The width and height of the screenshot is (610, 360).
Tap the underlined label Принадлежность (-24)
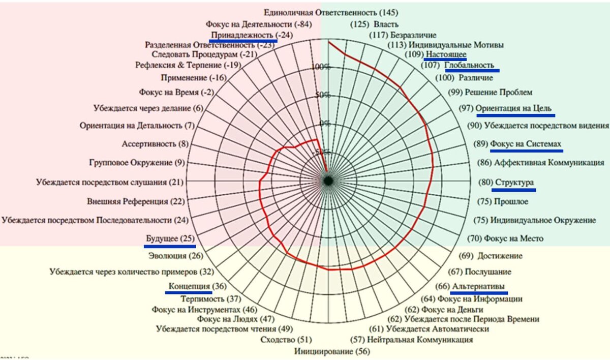pos(245,35)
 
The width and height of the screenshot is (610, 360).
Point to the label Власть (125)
pos(375,24)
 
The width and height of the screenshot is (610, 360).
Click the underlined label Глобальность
pos(469,65)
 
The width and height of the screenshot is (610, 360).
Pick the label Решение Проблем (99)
pos(491,92)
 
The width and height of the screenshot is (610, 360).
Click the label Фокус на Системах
pos(526,144)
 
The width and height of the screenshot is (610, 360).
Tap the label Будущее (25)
pos(171,238)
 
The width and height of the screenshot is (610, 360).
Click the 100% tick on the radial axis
pos(321,67)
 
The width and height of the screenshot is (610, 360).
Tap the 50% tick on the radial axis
pos(321,95)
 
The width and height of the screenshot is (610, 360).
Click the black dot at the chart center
pos(328,181)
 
